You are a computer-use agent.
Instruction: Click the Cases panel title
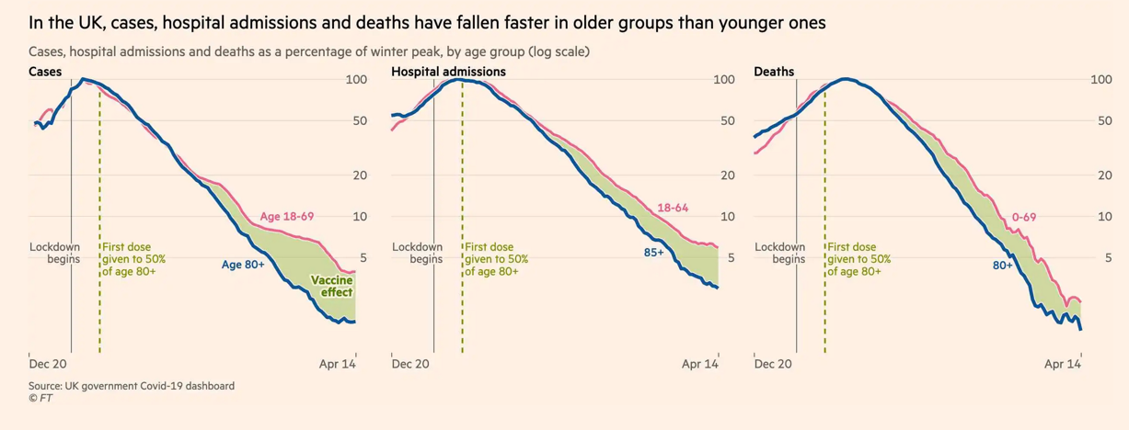point(47,72)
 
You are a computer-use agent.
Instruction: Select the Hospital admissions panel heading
point(448,72)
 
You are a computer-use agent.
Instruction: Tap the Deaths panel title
point(774,72)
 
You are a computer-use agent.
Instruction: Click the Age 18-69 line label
point(288,217)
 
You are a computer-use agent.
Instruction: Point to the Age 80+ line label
point(243,265)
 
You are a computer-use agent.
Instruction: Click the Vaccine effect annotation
point(331,287)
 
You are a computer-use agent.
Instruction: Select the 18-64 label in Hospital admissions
point(673,208)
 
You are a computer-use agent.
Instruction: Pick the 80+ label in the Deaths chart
point(1001,265)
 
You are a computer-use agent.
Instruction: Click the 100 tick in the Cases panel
point(357,80)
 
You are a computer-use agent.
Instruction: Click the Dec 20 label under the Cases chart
point(49,365)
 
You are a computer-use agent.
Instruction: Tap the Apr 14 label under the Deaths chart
point(1063,365)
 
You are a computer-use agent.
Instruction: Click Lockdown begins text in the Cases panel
point(55,253)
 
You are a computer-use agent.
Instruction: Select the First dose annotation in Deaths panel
point(858,259)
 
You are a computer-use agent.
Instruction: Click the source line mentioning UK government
point(132,386)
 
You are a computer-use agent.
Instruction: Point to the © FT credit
point(40,399)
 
